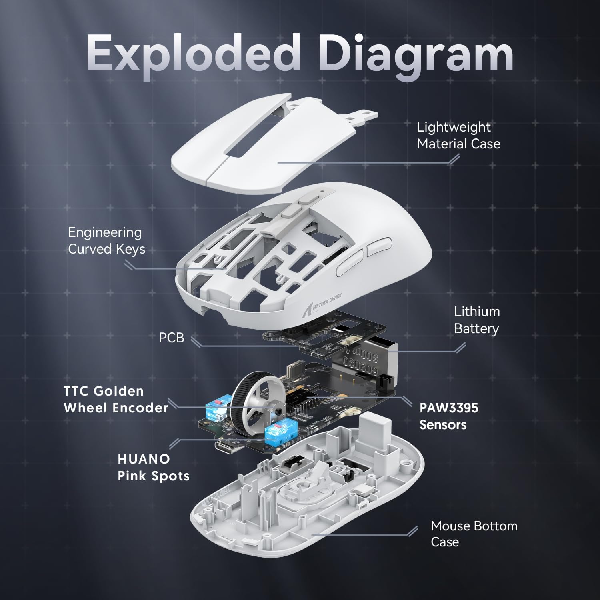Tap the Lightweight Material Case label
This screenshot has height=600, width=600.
(458, 135)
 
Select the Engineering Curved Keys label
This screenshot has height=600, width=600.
(106, 240)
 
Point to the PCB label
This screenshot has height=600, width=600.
(172, 338)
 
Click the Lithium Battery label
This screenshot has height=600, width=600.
(477, 320)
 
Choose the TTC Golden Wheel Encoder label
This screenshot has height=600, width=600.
(116, 399)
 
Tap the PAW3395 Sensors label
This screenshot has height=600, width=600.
(449, 416)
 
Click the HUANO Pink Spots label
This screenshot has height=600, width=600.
(154, 467)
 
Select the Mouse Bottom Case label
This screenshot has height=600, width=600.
(474, 534)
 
